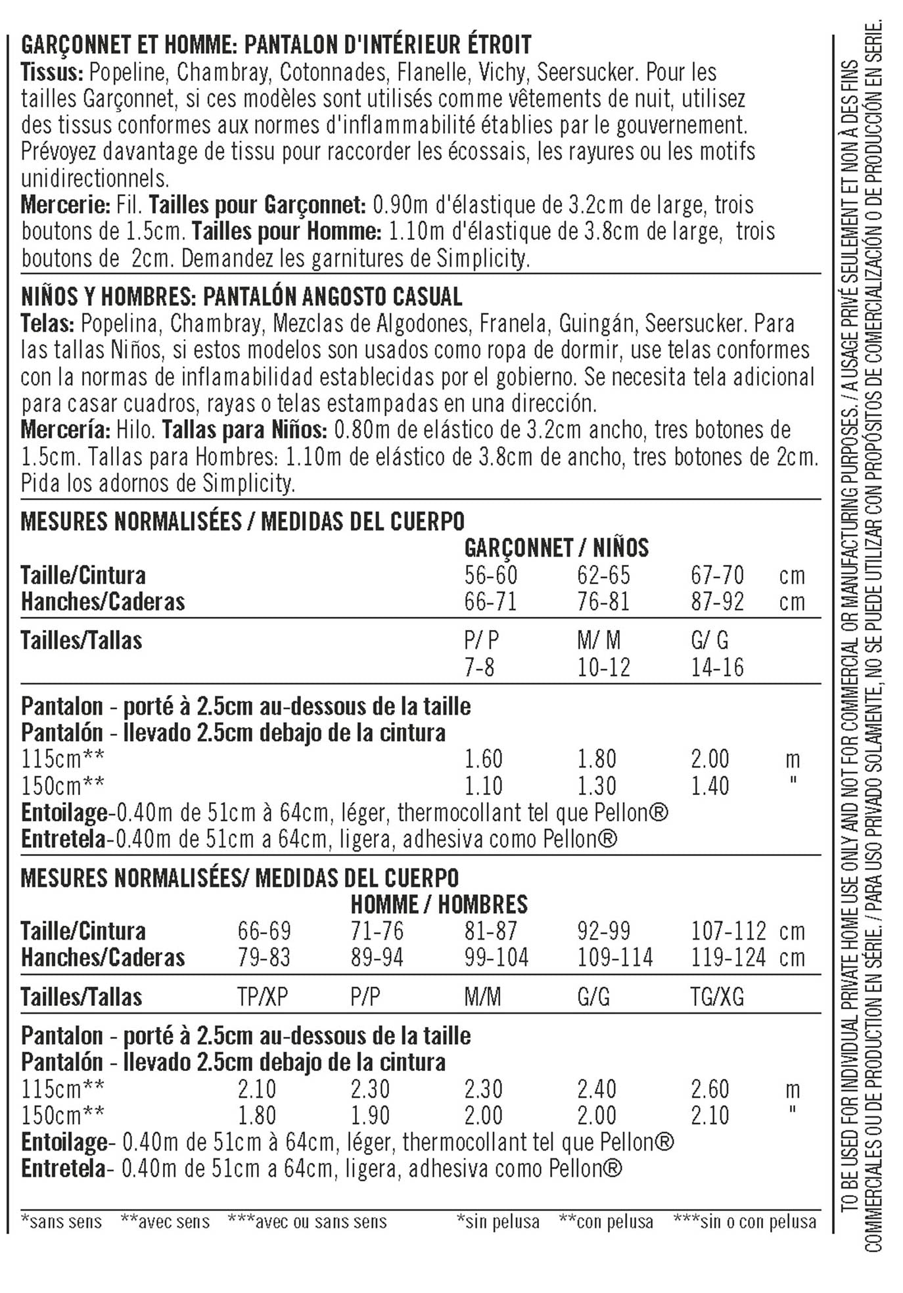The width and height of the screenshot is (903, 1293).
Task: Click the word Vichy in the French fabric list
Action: (501, 72)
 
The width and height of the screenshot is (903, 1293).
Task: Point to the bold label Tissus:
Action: (52, 72)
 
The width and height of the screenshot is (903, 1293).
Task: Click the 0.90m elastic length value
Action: (400, 205)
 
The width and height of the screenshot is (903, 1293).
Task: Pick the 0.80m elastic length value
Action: (361, 430)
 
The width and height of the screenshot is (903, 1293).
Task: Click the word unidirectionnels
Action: (95, 179)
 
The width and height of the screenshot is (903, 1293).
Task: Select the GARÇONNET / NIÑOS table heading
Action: (556, 548)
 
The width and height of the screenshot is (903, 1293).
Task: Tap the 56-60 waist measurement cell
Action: (490, 576)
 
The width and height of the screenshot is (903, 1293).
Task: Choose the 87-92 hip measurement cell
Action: (717, 602)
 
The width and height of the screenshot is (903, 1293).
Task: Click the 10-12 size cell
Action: (603, 668)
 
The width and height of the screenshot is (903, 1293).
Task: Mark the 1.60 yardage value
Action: (483, 760)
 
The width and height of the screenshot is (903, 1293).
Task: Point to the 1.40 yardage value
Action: (710, 786)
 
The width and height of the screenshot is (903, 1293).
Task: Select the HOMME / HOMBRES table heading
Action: (439, 905)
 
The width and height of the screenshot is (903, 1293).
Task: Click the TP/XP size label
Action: (262, 997)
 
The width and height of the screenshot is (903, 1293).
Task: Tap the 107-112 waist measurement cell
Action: (728, 932)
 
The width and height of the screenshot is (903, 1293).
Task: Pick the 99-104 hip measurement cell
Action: (496, 958)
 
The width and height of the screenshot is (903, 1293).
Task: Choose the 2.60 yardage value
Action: (710, 1089)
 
